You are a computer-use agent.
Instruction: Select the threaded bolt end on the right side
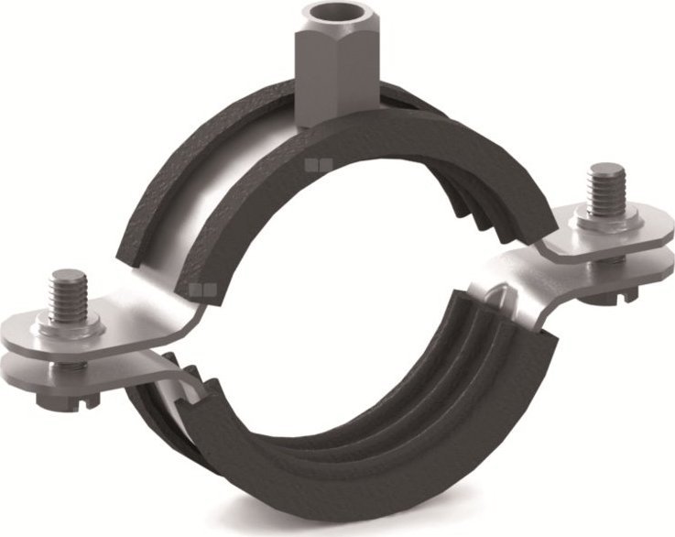(x=604, y=188)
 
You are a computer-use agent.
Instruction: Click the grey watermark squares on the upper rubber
(x=317, y=166)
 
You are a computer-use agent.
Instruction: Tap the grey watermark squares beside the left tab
(x=195, y=292)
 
